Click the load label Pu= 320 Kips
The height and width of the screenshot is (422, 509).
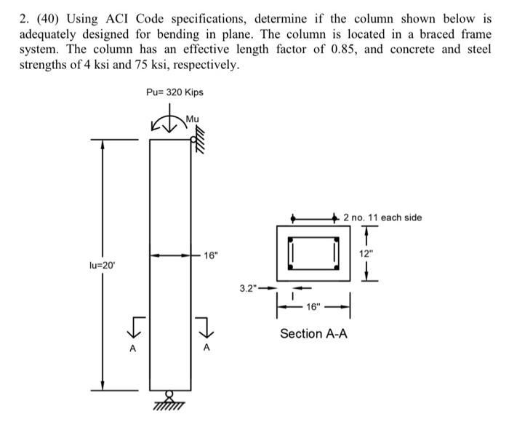point(175,92)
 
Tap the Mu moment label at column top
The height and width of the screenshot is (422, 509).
point(192,119)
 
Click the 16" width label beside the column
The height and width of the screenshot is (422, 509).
point(210,256)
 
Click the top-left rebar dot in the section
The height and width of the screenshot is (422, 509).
point(291,239)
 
